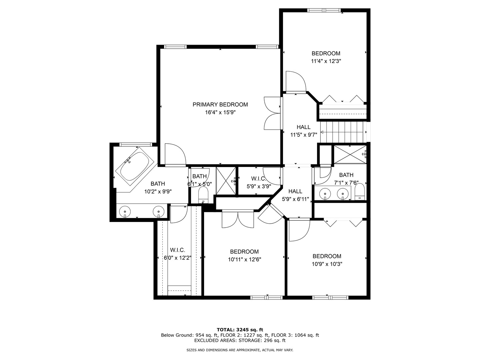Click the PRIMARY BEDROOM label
coord(220,105)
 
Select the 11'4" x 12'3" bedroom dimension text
coord(326,61)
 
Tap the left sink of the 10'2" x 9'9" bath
coord(125,211)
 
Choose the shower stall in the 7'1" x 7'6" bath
coord(350,154)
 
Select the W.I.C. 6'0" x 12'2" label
coord(177,254)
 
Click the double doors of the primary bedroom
coord(273,113)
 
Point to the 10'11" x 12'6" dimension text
coord(244,260)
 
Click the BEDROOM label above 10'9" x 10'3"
coord(327,256)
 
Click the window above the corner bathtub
coord(136,144)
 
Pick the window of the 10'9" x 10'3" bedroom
coord(330,297)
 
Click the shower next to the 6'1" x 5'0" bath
coord(226,180)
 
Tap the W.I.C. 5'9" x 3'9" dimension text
coord(259,187)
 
